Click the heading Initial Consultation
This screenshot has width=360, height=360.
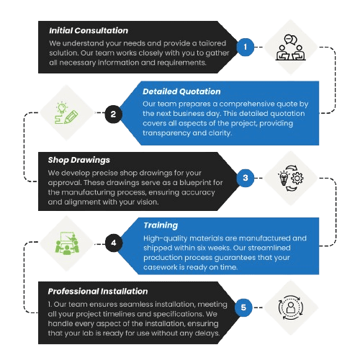point(88,31)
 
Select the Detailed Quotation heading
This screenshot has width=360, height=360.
point(181,92)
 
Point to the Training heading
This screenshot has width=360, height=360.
point(161,225)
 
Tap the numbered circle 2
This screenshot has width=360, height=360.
point(113,114)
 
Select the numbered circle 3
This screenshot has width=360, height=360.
point(246,177)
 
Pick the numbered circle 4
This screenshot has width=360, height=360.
point(113,243)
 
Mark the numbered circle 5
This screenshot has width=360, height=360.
point(246,308)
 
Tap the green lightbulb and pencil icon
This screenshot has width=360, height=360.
point(66,113)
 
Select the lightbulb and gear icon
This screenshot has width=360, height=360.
point(292,177)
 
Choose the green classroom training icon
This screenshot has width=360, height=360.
point(66,243)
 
